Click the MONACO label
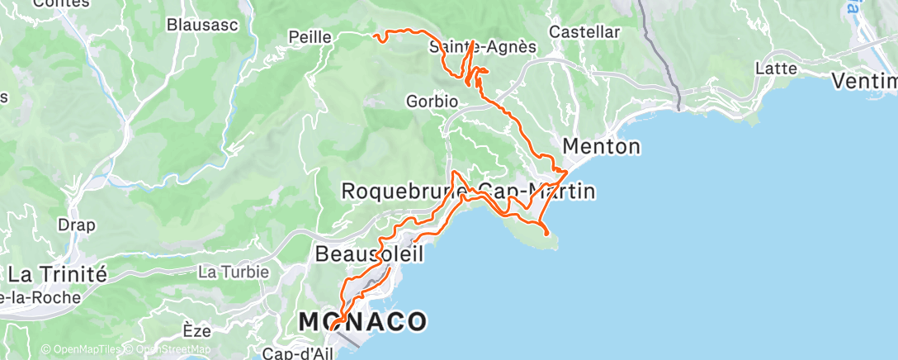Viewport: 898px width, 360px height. [362, 321]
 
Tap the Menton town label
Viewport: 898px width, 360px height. [601, 147]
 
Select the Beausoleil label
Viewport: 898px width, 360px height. [369, 254]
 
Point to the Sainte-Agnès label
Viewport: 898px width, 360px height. [484, 47]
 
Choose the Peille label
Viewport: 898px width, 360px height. [310, 37]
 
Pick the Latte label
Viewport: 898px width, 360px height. [776, 69]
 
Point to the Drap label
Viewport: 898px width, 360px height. [76, 225]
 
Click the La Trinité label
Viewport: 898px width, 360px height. [56, 274]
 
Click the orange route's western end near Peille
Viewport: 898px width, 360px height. [376, 36]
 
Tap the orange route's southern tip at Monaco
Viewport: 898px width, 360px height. [331, 329]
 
